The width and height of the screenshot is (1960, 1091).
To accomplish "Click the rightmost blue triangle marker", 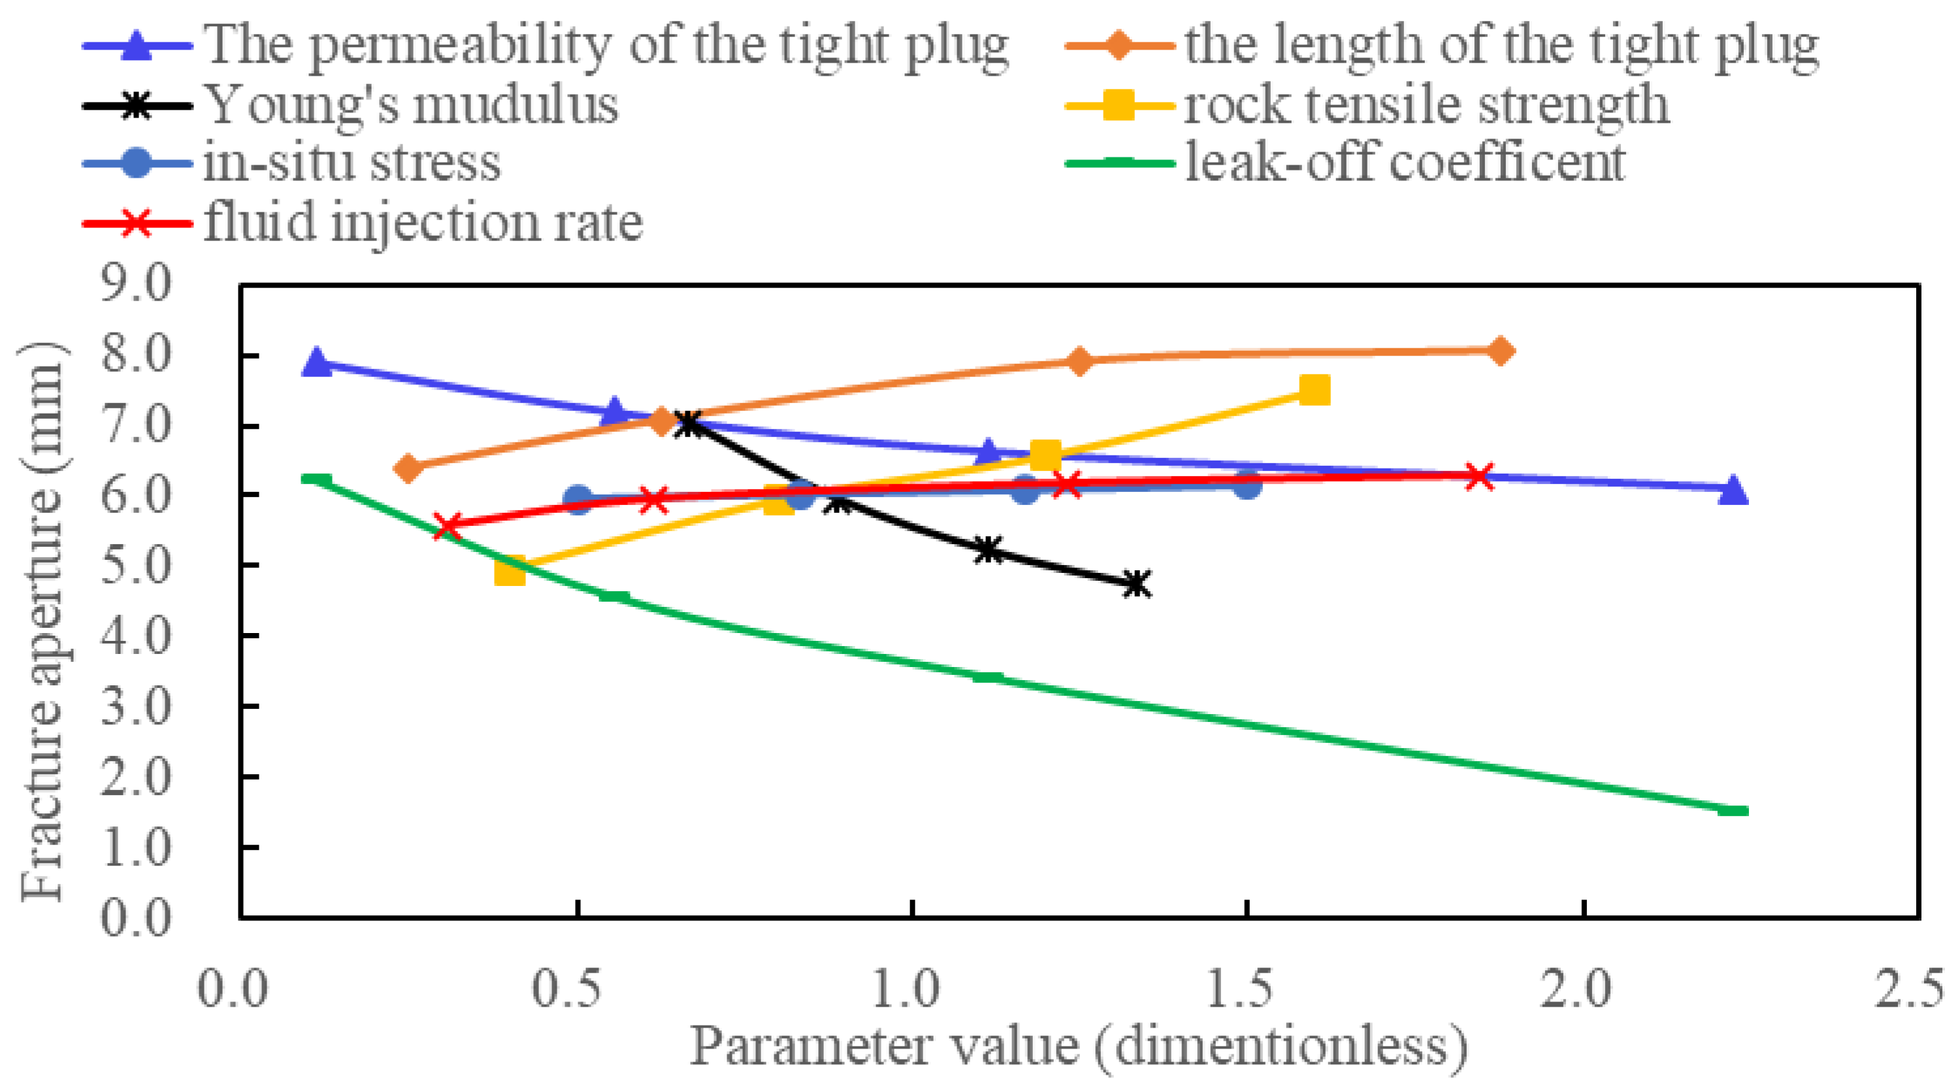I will [1733, 489].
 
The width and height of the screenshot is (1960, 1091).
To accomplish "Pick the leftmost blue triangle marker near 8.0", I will [316, 363].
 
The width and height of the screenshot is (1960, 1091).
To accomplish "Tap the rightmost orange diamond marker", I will [1499, 351].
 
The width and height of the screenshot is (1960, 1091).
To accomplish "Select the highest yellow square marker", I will [1315, 390].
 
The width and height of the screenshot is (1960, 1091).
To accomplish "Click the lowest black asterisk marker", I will [1137, 584].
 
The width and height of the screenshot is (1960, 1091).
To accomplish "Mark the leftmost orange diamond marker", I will [408, 468].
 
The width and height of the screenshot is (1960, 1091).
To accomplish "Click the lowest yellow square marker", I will [510, 570].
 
